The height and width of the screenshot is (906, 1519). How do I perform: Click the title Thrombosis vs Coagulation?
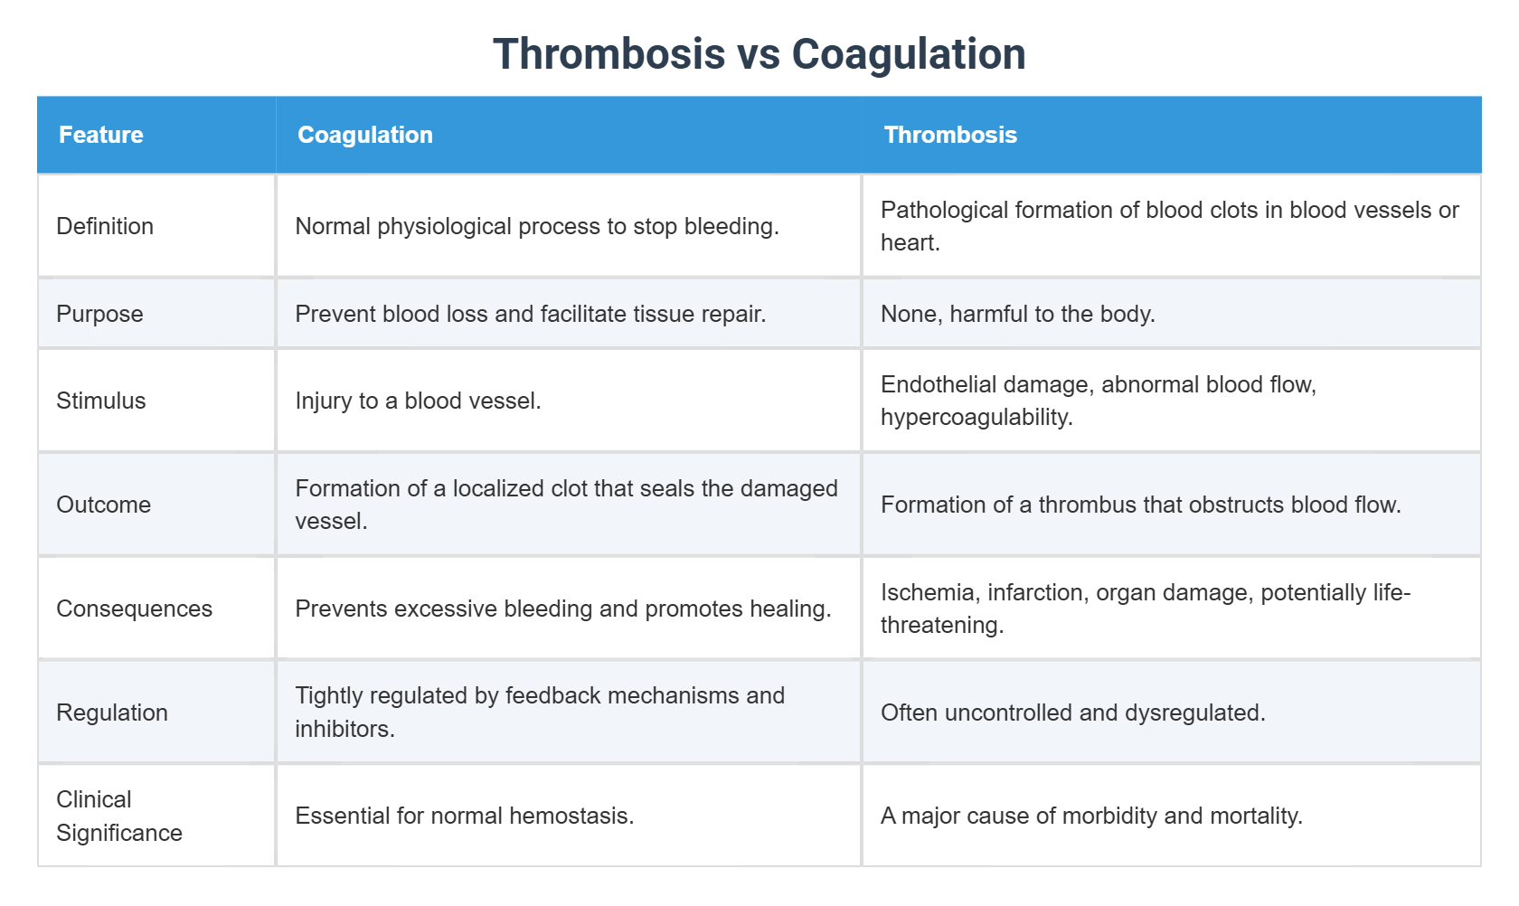[759, 54]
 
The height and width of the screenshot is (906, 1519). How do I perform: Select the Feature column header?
[101, 135]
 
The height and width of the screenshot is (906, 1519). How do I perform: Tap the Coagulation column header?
[365, 135]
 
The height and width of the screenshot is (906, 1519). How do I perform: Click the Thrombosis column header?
[950, 135]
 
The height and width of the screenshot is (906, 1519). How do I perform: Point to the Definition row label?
[105, 226]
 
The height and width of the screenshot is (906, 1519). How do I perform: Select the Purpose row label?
[99, 314]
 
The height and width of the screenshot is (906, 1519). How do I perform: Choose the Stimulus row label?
[101, 401]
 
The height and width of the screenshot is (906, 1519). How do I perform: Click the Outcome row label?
[103, 505]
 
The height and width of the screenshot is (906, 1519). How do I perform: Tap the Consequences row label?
[134, 609]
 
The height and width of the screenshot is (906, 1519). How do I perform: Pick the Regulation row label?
[112, 713]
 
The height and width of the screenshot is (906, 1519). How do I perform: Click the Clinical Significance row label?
[118, 816]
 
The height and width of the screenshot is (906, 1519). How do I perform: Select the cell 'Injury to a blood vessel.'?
[418, 401]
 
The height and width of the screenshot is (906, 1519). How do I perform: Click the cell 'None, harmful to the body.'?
[1017, 314]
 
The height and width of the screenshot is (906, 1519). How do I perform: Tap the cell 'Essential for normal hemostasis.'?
[464, 816]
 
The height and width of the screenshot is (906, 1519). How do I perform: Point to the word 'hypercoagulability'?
[975, 418]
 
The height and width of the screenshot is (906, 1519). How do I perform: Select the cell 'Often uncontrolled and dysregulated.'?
[1072, 713]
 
